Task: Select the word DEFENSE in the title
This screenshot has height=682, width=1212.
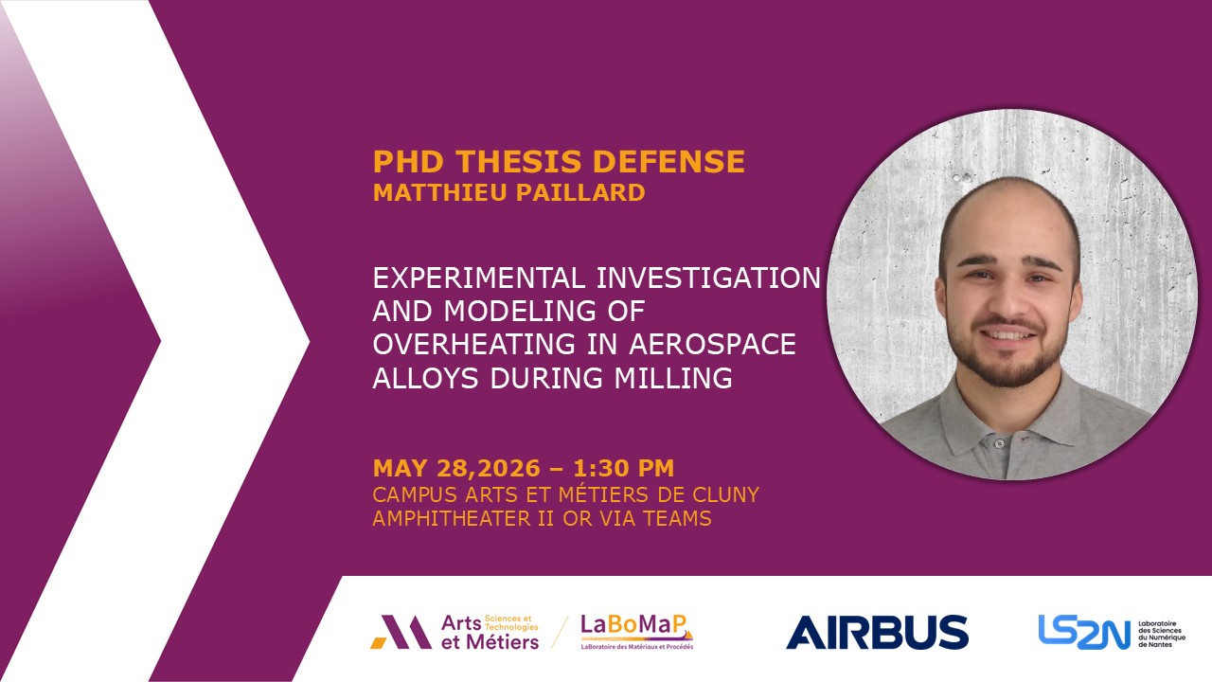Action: click(x=668, y=161)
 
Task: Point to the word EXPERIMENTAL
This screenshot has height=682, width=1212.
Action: click(x=479, y=278)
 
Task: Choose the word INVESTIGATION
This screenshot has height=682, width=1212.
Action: click(x=709, y=278)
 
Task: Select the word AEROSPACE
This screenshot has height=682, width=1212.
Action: click(x=712, y=344)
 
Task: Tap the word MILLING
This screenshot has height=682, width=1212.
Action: click(x=673, y=378)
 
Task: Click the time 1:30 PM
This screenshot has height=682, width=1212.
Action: click(x=624, y=468)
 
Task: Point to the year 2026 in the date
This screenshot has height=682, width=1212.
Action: click(x=508, y=468)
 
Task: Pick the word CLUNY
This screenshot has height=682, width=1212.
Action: click(x=726, y=494)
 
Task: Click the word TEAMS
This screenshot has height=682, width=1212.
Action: click(x=677, y=518)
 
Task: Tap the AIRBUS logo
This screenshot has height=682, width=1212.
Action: click(x=877, y=632)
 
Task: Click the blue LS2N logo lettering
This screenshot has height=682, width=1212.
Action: click(x=1084, y=632)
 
